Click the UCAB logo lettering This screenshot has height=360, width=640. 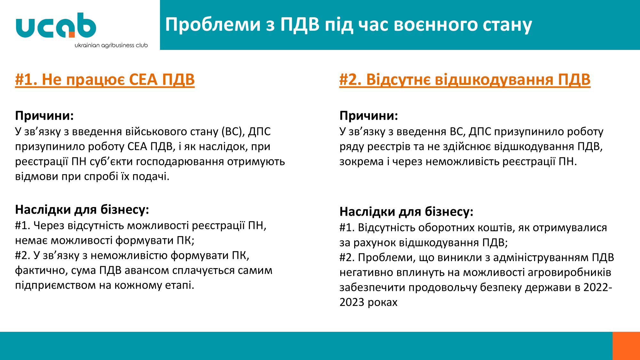point(56,25)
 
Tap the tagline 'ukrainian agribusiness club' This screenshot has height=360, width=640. point(111,45)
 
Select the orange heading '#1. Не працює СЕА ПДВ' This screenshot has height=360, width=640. point(105,80)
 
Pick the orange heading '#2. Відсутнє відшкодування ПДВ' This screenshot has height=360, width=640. point(465,80)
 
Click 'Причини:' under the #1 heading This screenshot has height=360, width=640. point(44,116)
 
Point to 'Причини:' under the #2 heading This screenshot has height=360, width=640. point(369,116)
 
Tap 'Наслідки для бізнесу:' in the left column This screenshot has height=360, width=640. point(82,210)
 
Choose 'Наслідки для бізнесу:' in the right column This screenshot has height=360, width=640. point(406,212)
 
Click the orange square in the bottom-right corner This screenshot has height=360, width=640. point(626,346)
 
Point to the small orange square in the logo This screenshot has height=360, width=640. point(72,35)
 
